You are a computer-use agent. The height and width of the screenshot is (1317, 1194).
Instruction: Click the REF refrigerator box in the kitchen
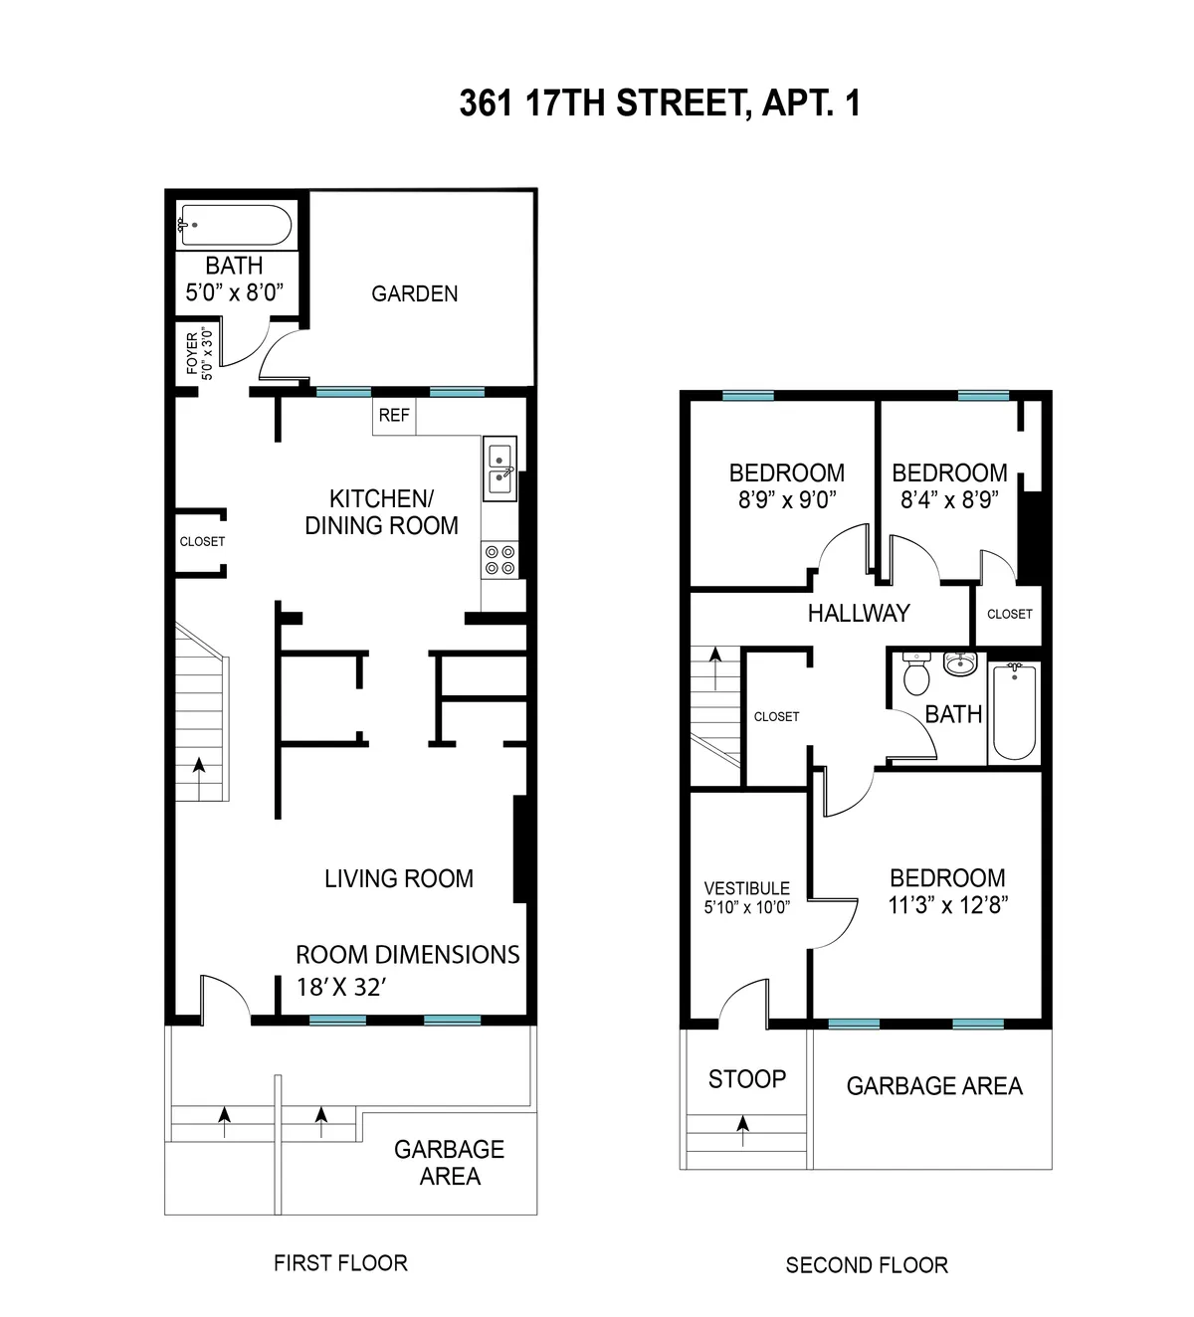(x=394, y=416)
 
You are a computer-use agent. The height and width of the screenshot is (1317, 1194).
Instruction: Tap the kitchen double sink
(x=498, y=470)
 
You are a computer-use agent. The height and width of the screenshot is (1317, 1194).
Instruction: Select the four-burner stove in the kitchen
(x=499, y=559)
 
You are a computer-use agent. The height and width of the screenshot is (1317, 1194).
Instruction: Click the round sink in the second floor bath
(x=960, y=663)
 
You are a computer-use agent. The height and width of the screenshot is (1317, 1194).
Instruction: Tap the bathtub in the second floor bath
(x=1014, y=711)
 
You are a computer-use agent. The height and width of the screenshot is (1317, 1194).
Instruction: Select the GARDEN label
(x=414, y=293)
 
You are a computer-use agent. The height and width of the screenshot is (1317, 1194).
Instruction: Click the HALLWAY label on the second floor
(x=858, y=613)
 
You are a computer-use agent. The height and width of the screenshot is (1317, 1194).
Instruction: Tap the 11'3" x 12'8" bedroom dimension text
(x=948, y=905)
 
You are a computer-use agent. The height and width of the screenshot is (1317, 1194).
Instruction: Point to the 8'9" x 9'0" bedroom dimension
(x=786, y=499)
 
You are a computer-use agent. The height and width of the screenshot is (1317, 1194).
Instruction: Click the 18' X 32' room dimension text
(x=340, y=987)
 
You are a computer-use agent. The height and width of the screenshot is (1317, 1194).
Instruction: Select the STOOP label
(x=746, y=1079)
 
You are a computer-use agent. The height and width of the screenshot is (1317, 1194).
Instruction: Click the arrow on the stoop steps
(x=742, y=1124)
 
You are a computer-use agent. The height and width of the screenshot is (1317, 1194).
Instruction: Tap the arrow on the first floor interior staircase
(x=199, y=767)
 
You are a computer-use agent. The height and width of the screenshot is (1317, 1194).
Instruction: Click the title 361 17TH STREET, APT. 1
(x=659, y=102)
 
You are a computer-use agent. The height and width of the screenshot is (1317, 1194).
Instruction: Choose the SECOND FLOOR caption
(x=866, y=1265)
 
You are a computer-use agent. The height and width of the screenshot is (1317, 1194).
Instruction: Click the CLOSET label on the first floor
(x=202, y=542)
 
